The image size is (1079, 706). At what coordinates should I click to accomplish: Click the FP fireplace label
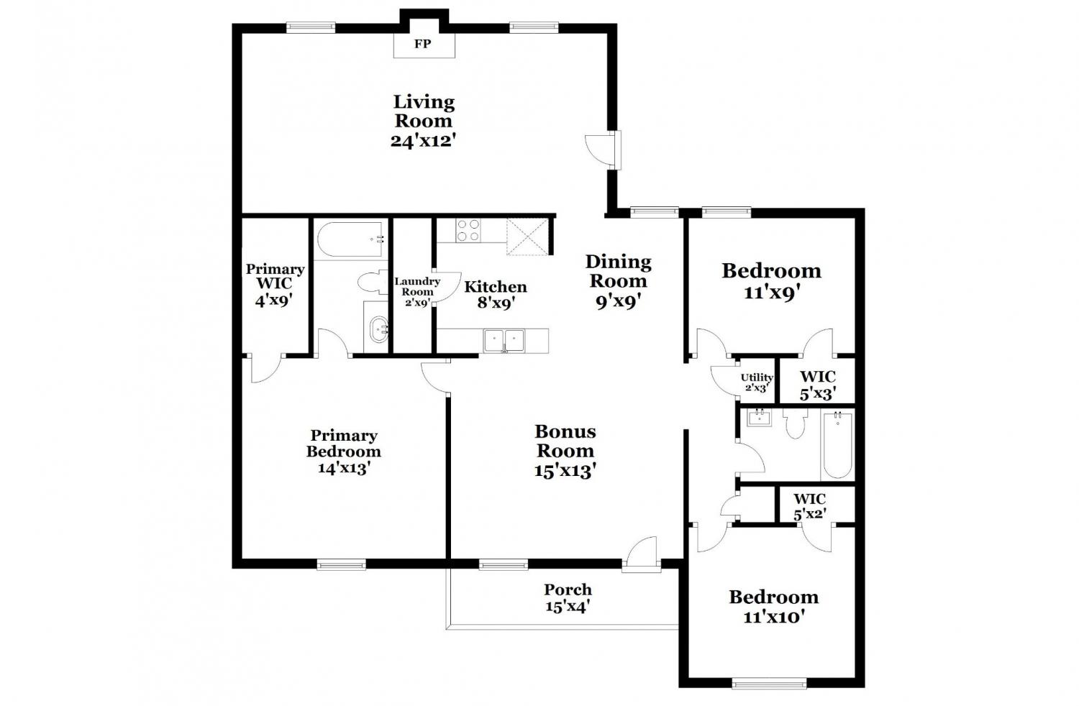pyautogui.click(x=422, y=44)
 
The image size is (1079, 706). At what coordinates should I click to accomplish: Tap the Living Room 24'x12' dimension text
pyautogui.click(x=423, y=141)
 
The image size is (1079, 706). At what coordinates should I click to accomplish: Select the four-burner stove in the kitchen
pyautogui.click(x=468, y=230)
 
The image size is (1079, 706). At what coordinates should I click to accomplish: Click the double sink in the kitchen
pyautogui.click(x=504, y=341)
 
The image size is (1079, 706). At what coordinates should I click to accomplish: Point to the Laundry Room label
pyautogui.click(x=417, y=287)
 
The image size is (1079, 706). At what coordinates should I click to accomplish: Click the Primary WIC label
pyautogui.click(x=275, y=275)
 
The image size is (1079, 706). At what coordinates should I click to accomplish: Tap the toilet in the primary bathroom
pyautogui.click(x=373, y=281)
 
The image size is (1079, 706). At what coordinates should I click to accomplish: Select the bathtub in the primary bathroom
pyautogui.click(x=351, y=240)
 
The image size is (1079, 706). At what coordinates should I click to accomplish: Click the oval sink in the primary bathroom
pyautogui.click(x=378, y=329)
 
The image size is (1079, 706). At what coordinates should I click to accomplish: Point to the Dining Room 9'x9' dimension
pyautogui.click(x=619, y=302)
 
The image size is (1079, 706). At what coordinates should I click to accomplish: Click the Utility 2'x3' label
pyautogui.click(x=757, y=382)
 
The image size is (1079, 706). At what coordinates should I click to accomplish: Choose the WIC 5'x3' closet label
pyautogui.click(x=817, y=385)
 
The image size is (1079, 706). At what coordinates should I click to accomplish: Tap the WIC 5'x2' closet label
pyautogui.click(x=810, y=506)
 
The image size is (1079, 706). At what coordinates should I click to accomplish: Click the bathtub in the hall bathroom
pyautogui.click(x=838, y=444)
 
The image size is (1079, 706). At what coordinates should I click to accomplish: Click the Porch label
pyautogui.click(x=568, y=590)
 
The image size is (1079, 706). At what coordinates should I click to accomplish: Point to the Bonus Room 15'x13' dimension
pyautogui.click(x=565, y=470)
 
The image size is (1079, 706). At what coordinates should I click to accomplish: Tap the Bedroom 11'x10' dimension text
pyautogui.click(x=774, y=617)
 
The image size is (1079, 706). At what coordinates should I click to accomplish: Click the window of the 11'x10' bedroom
pyautogui.click(x=769, y=683)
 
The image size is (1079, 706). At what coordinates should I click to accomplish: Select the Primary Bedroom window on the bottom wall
pyautogui.click(x=341, y=564)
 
